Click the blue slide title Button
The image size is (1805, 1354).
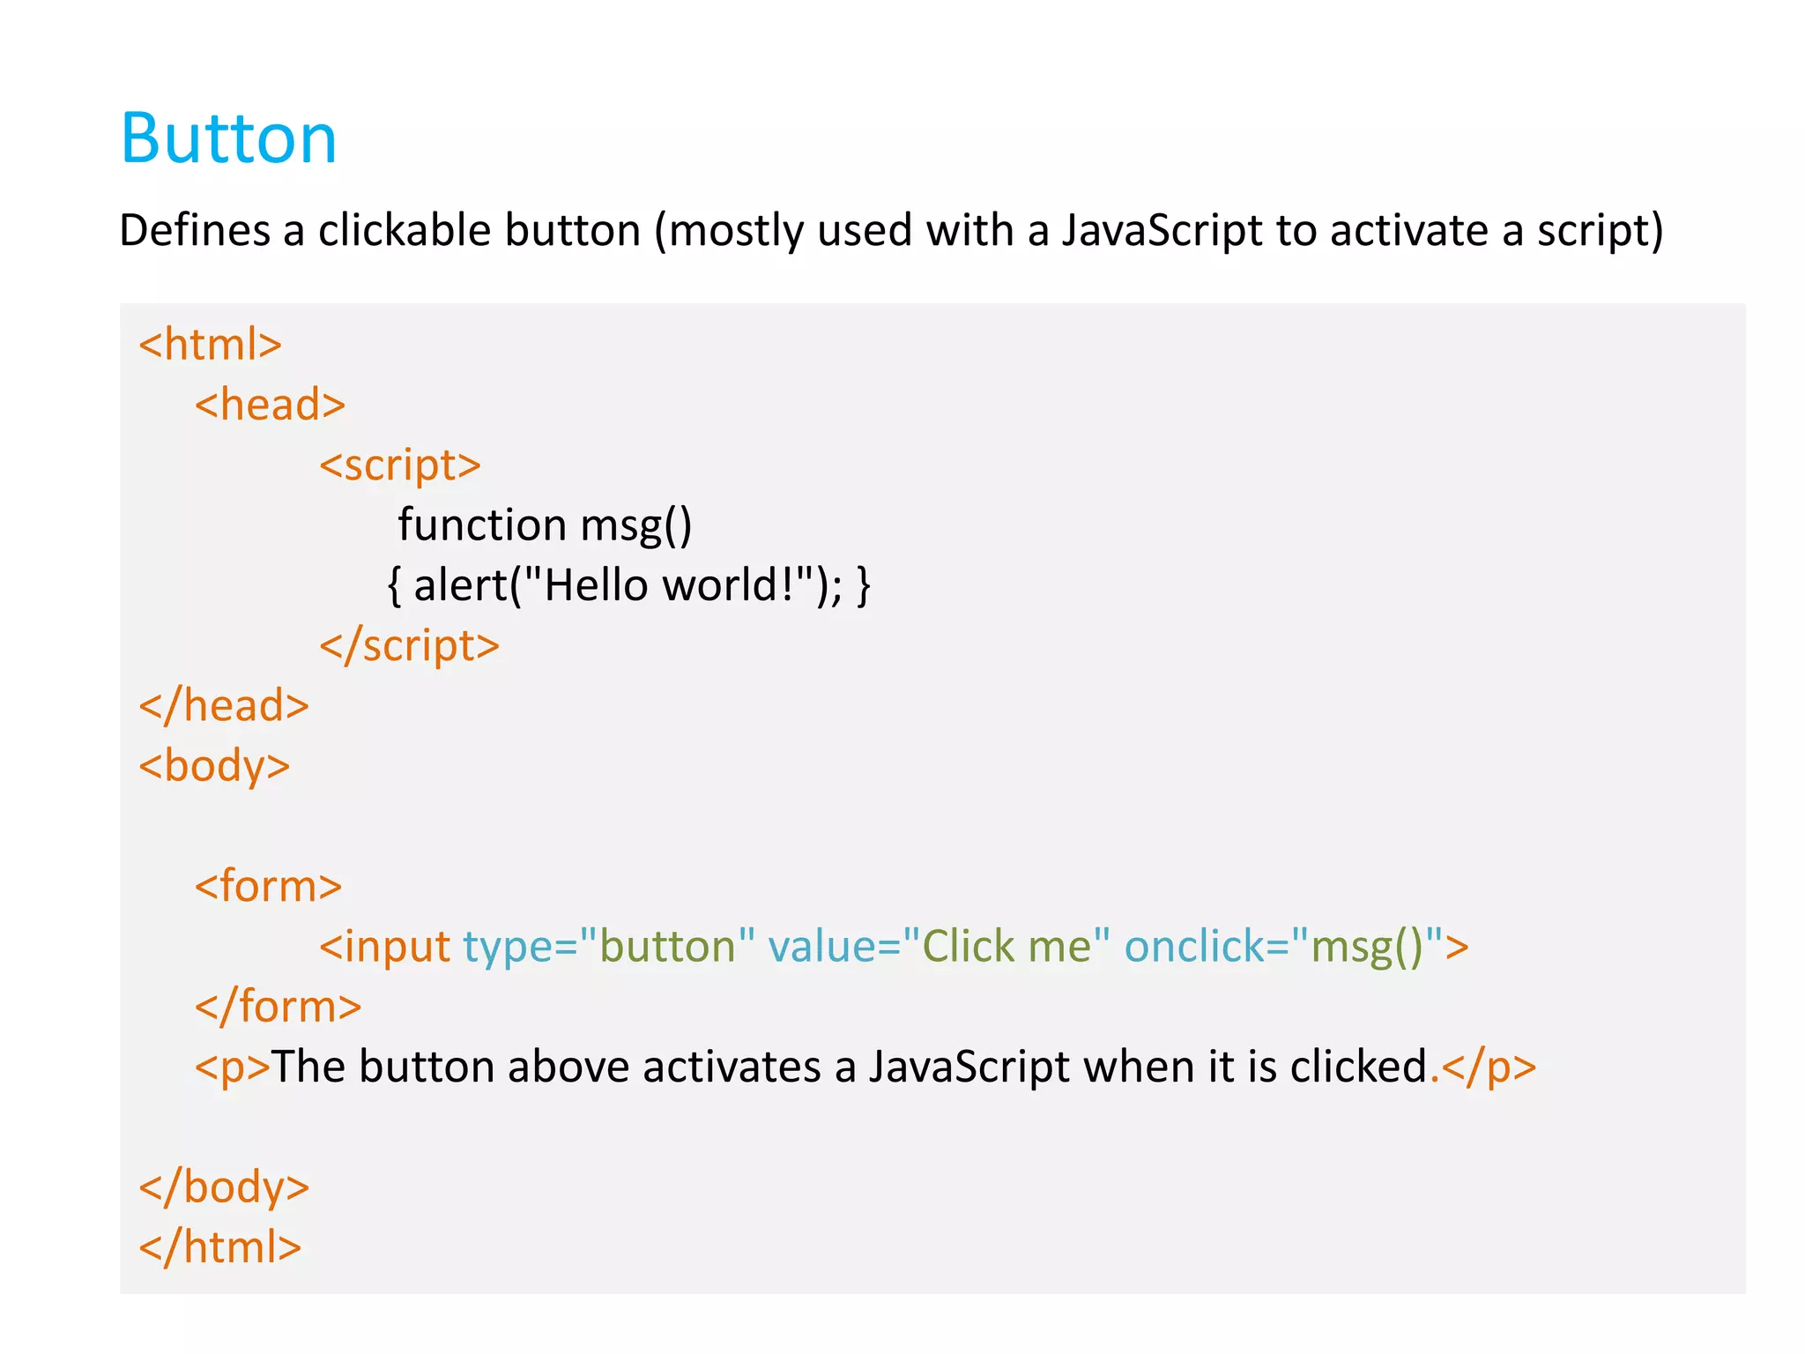(x=228, y=139)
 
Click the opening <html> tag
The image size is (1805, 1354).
(x=210, y=345)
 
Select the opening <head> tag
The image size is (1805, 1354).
(x=270, y=405)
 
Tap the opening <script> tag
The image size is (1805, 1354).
(x=399, y=465)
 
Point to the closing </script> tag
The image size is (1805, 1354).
(x=409, y=646)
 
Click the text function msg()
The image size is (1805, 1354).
(x=544, y=525)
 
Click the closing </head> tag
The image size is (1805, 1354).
(x=224, y=706)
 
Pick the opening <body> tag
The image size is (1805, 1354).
(x=214, y=766)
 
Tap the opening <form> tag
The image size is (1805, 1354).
(x=268, y=886)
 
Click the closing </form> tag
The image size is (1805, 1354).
(x=278, y=1007)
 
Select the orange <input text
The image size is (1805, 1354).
(x=385, y=948)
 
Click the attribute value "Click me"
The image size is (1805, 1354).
(x=1006, y=947)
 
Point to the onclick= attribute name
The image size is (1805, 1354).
(x=1206, y=947)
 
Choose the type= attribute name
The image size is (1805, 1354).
(x=520, y=948)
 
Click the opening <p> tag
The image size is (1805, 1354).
(x=232, y=1068)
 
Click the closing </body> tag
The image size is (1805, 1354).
(x=224, y=1187)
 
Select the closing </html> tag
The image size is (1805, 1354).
(x=220, y=1247)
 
